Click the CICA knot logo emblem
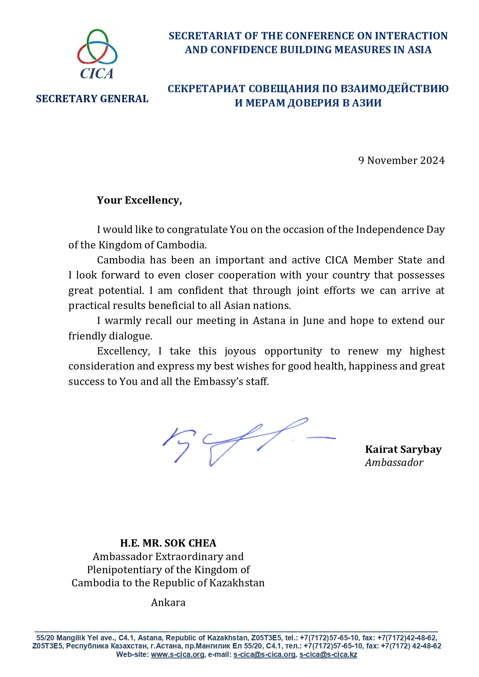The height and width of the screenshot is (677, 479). [x=97, y=47]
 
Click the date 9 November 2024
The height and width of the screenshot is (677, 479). [x=401, y=160]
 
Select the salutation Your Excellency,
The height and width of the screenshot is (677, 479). [x=139, y=200]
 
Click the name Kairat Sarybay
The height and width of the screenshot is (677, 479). [x=403, y=449]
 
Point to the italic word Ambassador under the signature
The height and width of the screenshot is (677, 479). [x=394, y=463]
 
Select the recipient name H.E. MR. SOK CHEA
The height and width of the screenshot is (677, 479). [x=168, y=543]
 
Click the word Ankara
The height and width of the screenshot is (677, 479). [x=168, y=603]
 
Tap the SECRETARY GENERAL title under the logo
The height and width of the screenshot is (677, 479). [x=92, y=99]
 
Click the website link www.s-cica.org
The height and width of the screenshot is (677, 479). [x=177, y=655]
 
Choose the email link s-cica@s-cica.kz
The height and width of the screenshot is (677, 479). [x=328, y=655]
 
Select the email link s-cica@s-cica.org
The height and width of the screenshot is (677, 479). [x=264, y=655]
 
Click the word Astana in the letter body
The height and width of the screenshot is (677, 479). [x=269, y=321]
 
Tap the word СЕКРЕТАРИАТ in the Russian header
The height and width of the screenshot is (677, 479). [x=206, y=89]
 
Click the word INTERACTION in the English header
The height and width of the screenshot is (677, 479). [x=411, y=36]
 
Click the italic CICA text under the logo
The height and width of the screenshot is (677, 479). [x=97, y=73]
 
